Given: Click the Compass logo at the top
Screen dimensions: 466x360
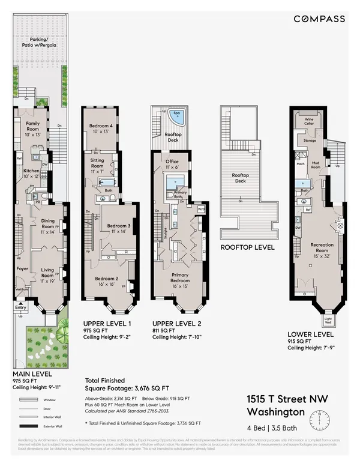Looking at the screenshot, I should [x=319, y=19].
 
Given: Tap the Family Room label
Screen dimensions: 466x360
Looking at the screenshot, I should [x=33, y=126].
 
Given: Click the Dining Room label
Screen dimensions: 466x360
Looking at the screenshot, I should [x=48, y=223].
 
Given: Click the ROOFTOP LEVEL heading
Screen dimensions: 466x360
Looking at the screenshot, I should [x=247, y=247].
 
